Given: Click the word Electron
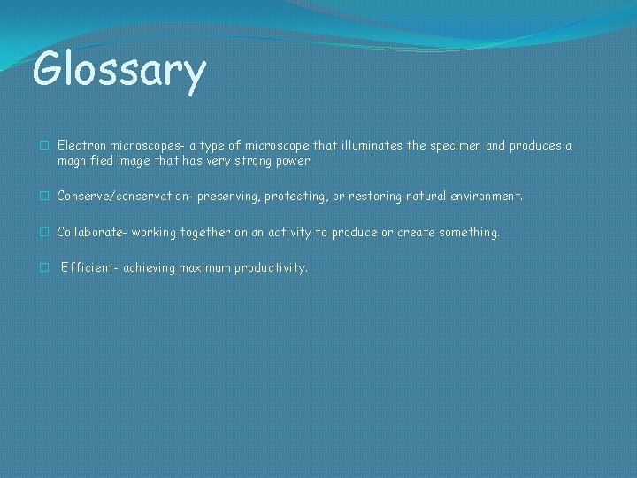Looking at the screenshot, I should [x=81, y=145].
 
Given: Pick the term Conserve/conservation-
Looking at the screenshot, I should [x=125, y=196].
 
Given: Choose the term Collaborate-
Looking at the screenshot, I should [x=93, y=232].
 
